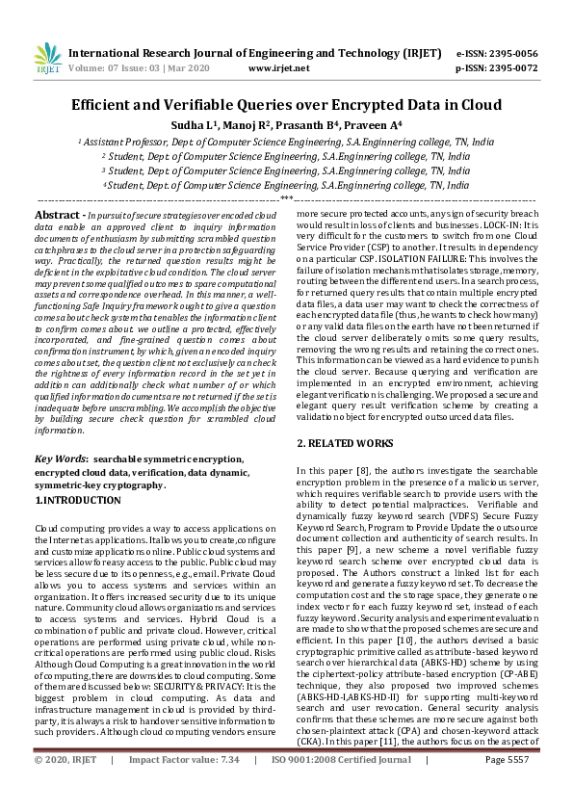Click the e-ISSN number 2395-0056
click(x=514, y=54)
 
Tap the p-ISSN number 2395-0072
click(x=514, y=68)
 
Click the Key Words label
click(x=60, y=460)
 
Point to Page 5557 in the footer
click(x=507, y=786)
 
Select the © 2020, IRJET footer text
click(x=65, y=786)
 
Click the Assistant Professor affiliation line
click(x=286, y=141)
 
